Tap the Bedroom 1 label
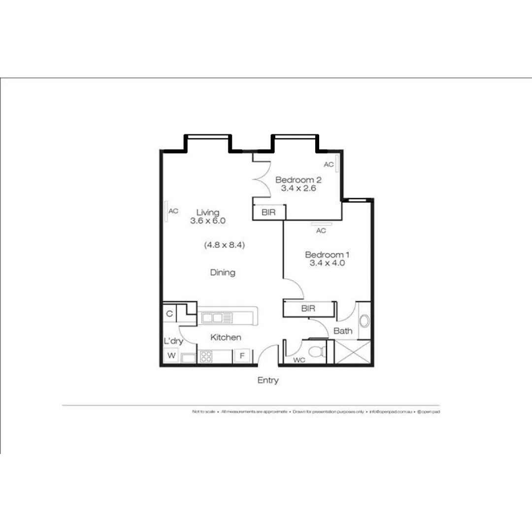327,255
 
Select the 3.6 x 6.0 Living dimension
207,221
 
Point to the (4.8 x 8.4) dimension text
225,244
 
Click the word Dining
223,272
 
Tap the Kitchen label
226,337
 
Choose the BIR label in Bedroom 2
268,212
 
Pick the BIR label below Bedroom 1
308,309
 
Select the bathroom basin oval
364,321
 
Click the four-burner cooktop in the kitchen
206,356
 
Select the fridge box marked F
242,356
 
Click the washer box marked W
171,355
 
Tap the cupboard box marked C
169,314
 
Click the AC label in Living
173,211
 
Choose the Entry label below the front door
268,380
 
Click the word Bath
343,331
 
